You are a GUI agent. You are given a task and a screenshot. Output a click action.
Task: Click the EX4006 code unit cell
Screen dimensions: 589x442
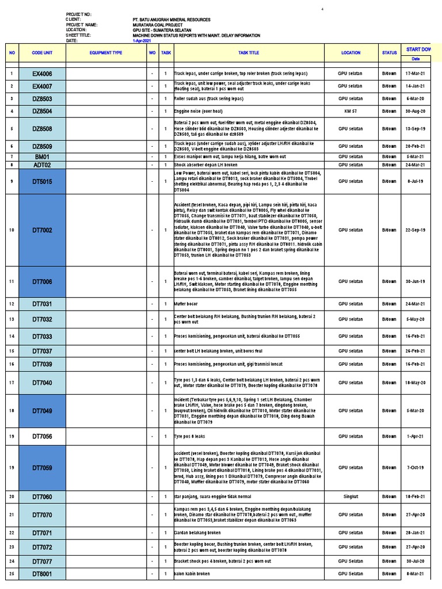(x=42, y=74)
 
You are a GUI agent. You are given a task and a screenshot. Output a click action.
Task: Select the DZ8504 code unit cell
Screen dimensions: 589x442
(x=42, y=111)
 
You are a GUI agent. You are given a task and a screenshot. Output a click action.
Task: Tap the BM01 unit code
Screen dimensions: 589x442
(x=42, y=156)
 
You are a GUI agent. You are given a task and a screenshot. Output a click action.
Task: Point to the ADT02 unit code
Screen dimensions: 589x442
(x=42, y=165)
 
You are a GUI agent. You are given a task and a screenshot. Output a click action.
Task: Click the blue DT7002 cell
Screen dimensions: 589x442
(x=42, y=230)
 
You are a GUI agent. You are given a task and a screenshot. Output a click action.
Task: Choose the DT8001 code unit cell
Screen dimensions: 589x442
(x=42, y=574)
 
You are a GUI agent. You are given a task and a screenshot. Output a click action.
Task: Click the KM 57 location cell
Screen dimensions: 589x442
(x=350, y=111)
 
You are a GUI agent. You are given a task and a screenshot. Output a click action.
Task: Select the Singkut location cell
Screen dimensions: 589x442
(x=350, y=496)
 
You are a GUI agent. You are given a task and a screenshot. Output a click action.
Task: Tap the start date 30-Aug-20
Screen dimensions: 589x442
(x=415, y=111)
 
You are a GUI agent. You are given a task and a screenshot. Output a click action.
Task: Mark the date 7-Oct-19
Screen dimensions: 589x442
(x=415, y=468)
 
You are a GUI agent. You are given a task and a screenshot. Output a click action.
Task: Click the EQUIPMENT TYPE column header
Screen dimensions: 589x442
(x=106, y=53)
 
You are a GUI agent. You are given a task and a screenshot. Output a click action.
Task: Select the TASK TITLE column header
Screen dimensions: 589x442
(x=249, y=53)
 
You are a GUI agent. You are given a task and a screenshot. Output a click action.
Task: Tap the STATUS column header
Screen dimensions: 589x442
(x=389, y=53)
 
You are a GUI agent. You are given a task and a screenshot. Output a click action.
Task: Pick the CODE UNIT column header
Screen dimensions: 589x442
(x=42, y=53)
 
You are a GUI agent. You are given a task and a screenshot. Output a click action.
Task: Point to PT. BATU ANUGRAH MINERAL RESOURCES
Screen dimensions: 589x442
(x=171, y=20)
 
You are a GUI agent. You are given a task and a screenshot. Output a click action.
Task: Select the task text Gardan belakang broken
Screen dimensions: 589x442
(x=197, y=533)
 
